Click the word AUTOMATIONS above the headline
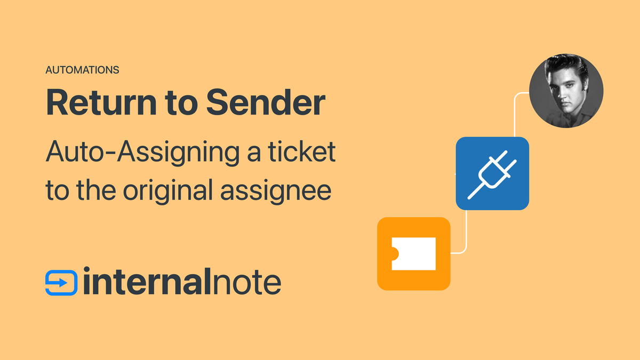coord(82,70)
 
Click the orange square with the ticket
coord(413,253)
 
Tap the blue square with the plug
coord(492,173)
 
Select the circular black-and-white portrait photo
coord(566,90)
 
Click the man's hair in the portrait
coord(566,67)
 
